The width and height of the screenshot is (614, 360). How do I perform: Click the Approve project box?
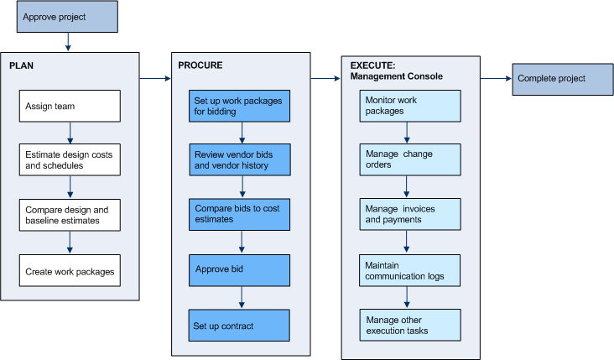(67, 17)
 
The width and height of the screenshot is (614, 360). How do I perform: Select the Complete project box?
(561, 79)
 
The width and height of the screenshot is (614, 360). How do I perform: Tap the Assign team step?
(70, 106)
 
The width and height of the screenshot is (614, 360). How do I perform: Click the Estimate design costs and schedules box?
(70, 160)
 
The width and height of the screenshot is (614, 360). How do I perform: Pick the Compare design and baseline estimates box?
(70, 215)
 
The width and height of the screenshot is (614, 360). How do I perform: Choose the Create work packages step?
(70, 271)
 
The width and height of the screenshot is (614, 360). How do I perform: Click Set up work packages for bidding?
(239, 106)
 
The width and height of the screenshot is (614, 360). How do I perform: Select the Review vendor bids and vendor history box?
(239, 160)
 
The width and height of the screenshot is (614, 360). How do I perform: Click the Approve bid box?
(239, 270)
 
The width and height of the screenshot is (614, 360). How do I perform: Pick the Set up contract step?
(239, 326)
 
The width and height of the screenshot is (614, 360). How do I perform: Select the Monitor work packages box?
(411, 106)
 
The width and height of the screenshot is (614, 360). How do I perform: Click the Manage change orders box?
(411, 159)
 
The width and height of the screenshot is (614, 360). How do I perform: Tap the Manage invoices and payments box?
(411, 214)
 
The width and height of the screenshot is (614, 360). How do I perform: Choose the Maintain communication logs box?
(411, 270)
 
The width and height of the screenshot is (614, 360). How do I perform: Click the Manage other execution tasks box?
(411, 326)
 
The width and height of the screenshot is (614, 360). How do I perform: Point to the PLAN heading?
(21, 65)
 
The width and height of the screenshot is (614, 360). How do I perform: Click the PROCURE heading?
(200, 65)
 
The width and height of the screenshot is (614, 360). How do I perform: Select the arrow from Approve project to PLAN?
(67, 42)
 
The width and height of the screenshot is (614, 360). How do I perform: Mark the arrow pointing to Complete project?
(496, 79)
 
